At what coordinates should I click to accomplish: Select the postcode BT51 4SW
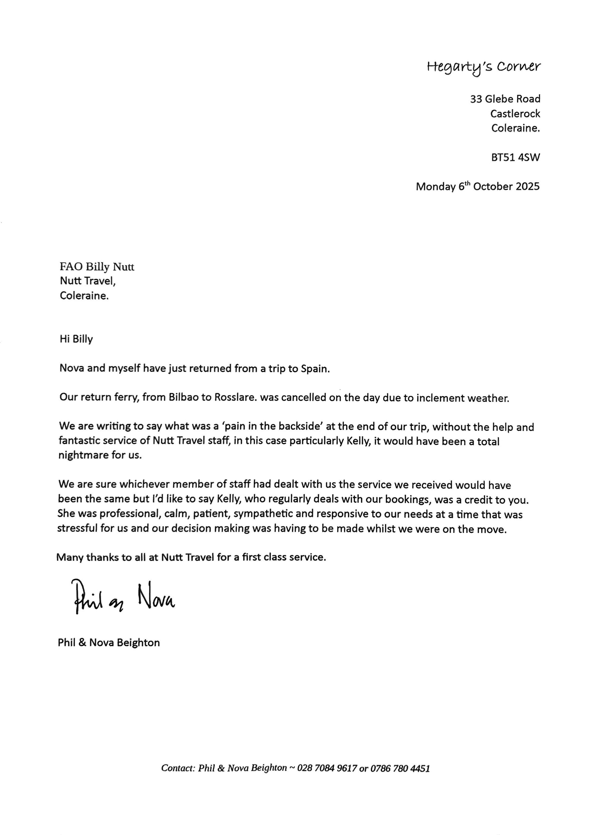pos(515,157)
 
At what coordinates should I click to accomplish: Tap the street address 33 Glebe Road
pos(505,99)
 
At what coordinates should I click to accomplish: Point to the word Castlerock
pos(515,113)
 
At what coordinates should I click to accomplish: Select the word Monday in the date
pos(436,186)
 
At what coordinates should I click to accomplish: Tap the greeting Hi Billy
pos(76,339)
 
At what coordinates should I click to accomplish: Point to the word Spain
pos(315,369)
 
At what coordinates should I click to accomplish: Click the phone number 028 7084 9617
pos(327,768)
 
